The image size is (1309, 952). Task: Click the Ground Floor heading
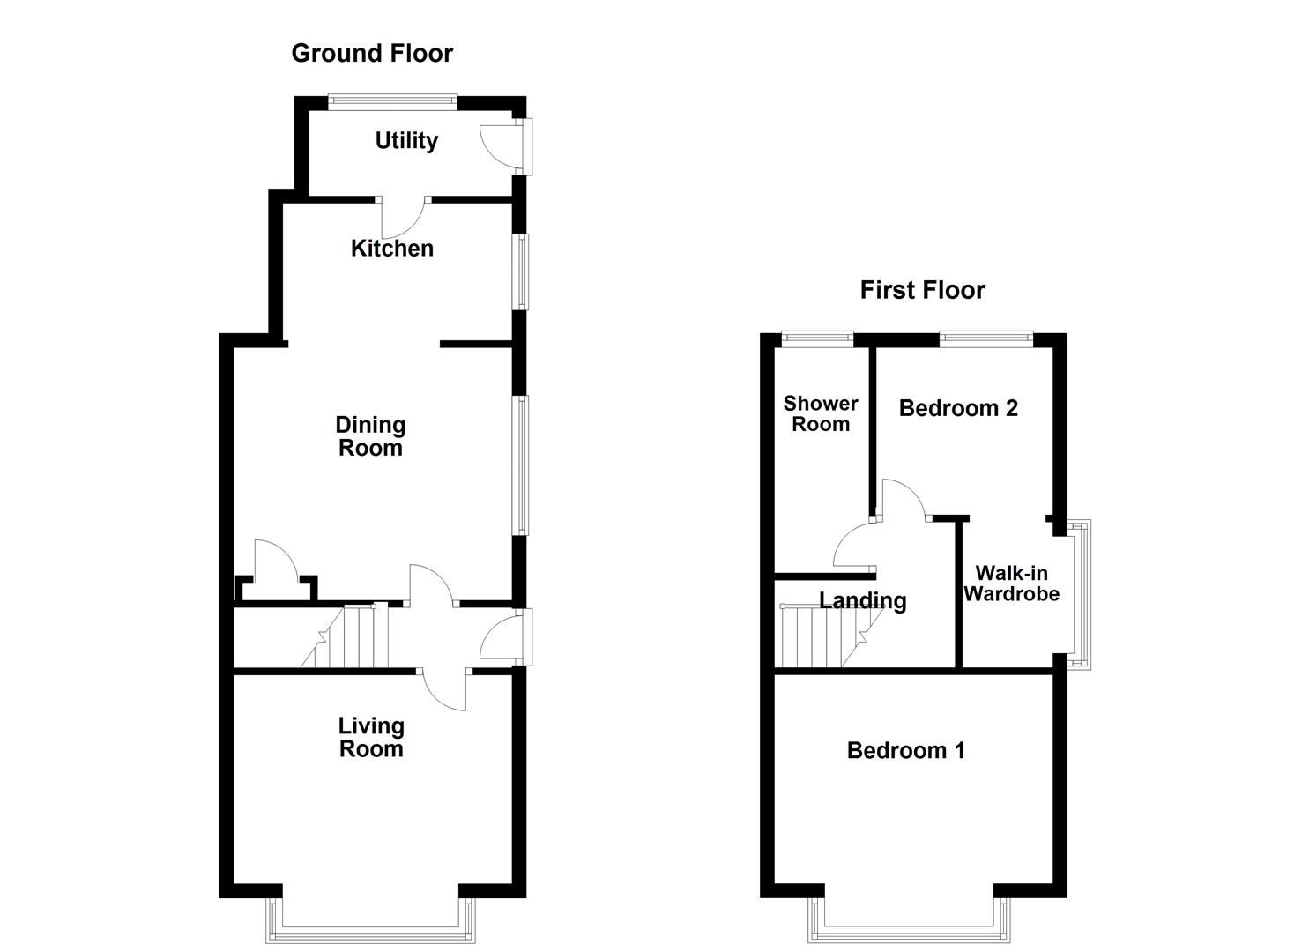372,54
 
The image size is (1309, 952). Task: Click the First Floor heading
922,290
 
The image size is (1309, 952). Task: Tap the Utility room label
406,141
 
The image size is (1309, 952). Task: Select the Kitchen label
392,249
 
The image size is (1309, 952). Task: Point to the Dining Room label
370,436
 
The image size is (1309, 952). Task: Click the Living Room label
371,737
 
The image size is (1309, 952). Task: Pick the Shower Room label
821,413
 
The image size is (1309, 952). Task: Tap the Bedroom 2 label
958,408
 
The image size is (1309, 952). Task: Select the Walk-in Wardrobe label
1011,584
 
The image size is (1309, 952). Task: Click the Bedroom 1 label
905,750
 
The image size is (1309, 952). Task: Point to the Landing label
862,601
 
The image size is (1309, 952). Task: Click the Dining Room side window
523,465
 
